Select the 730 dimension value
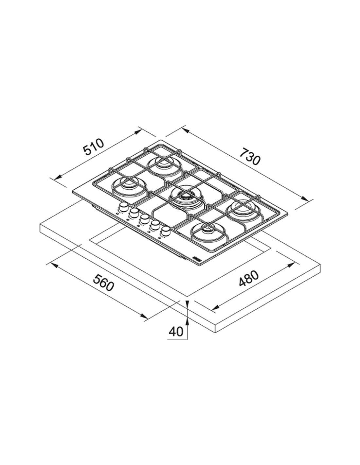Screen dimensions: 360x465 point(249,158)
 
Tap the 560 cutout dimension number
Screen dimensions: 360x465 point(103,283)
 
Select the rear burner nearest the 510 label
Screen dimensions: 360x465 point(164,166)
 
